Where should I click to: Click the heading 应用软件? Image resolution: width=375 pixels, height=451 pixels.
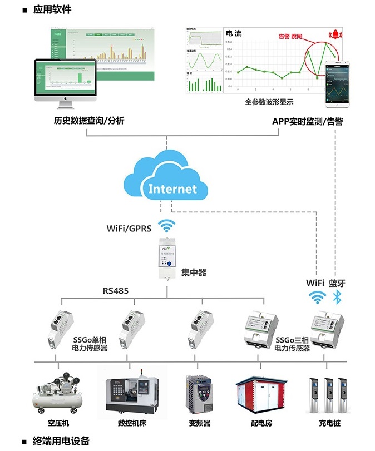(x=52, y=9)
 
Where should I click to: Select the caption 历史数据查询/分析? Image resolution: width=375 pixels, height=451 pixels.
(x=89, y=120)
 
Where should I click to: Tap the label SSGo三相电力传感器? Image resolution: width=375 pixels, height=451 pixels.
(x=292, y=344)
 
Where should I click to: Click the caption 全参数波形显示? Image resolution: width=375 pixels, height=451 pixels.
(x=269, y=102)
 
